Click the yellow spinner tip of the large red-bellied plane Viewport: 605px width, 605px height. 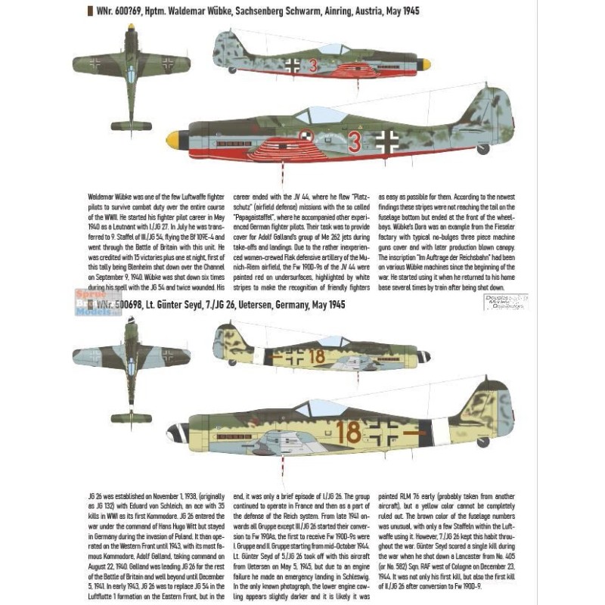coord(174,139)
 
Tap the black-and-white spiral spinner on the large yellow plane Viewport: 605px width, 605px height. coord(178,433)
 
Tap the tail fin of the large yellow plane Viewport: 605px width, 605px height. coord(489,405)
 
